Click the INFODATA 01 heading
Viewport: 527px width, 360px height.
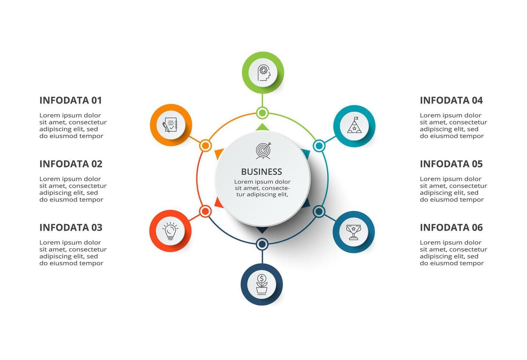pos(71,100)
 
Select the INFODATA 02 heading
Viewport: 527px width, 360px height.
pos(71,164)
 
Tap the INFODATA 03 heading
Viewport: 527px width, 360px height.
pos(71,227)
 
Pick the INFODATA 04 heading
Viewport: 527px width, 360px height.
pos(451,100)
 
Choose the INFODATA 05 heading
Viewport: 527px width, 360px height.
pos(451,164)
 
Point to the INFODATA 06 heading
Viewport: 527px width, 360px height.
pos(451,227)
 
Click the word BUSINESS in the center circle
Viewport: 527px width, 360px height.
pos(261,172)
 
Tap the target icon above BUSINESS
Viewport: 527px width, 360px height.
pos(263,151)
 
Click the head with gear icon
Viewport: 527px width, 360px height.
pos(263,73)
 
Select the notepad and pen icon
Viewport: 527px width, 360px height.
pos(170,125)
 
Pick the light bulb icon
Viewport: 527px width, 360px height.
pos(170,231)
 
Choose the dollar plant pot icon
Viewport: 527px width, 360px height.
pos(261,284)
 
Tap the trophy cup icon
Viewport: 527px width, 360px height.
pos(353,232)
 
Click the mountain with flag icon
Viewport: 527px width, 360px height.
pos(354,126)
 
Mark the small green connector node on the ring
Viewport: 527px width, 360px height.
pos(262,112)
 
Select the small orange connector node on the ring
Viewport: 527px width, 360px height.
pos(205,145)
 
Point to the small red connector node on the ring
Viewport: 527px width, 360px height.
pos(205,211)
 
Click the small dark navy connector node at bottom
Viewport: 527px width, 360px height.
pos(262,244)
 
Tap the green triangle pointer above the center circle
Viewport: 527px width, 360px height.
pos(262,127)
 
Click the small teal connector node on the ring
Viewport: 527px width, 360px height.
pos(319,146)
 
